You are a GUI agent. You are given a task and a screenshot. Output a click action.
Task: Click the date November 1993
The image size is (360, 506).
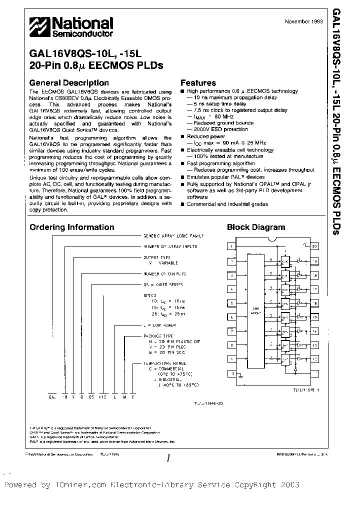click(303, 21)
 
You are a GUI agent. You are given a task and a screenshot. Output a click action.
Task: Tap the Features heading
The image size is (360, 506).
click(198, 83)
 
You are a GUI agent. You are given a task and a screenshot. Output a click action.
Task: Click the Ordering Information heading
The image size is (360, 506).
click(71, 227)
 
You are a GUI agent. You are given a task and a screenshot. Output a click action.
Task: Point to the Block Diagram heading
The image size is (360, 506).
click(256, 227)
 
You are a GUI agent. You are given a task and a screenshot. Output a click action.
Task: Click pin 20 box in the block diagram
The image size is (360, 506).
click(314, 246)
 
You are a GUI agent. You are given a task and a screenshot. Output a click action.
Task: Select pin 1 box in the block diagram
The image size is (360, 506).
click(231, 246)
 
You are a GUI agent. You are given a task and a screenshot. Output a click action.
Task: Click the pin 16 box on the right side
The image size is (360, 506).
click(314, 303)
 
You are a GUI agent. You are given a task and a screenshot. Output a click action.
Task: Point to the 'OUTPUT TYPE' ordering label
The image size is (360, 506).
click(157, 257)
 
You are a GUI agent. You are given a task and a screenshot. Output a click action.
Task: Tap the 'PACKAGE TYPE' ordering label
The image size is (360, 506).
click(159, 336)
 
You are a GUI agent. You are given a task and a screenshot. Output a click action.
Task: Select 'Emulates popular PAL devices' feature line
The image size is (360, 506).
click(225, 177)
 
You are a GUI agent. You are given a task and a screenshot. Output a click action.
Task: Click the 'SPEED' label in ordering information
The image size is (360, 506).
click(149, 295)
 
